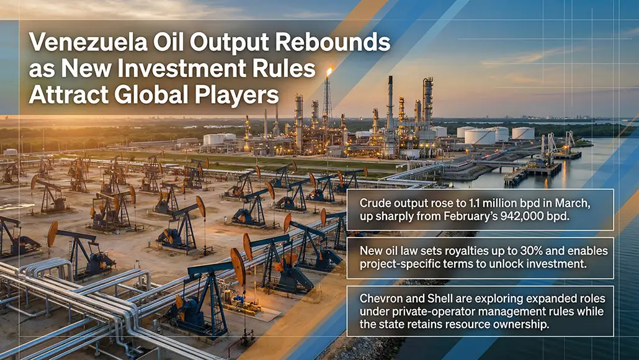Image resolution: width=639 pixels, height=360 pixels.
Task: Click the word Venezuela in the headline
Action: [88, 42]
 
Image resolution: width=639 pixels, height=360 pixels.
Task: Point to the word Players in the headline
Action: [236, 96]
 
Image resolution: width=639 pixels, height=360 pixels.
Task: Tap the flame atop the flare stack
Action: [329, 72]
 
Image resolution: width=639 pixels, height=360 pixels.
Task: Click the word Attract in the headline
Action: [69, 94]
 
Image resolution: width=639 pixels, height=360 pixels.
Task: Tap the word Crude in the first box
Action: [373, 203]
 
